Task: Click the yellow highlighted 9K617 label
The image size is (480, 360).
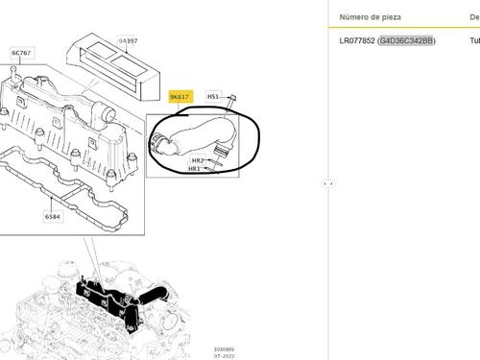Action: point(180,97)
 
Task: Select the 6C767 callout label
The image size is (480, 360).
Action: point(20,53)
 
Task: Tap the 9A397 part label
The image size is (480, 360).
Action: point(127,42)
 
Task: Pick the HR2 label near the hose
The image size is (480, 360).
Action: point(197,160)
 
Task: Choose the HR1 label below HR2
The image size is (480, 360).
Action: point(195,169)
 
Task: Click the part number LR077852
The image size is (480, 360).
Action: point(357,41)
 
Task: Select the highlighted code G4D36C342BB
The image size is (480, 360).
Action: point(406,41)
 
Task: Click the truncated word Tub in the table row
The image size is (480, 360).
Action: point(473,41)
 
